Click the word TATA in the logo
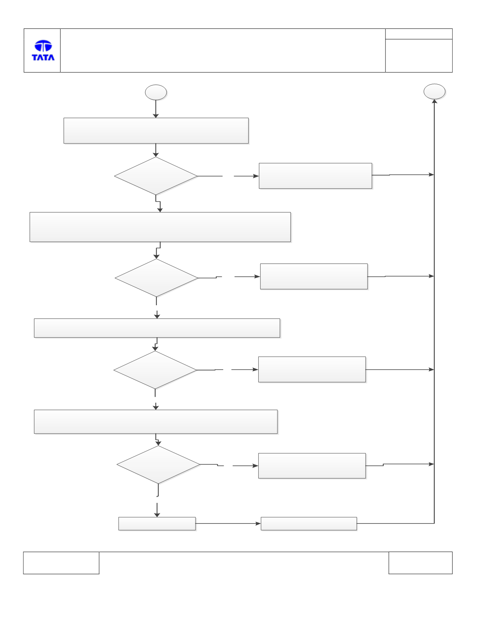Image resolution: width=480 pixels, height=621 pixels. tap(43, 57)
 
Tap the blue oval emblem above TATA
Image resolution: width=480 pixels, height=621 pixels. tap(43, 46)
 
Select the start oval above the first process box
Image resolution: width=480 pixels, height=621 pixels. tap(156, 92)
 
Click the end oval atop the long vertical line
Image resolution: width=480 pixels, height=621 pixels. tap(434, 92)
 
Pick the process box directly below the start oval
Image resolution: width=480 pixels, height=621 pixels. tap(156, 131)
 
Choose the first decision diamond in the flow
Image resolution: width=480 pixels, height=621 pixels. tap(156, 176)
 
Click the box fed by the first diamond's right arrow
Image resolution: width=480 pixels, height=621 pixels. tap(315, 176)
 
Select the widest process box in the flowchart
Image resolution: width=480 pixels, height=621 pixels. tap(160, 227)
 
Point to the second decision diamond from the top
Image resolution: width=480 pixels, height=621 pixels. tap(156, 278)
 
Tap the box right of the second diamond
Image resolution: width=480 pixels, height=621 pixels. tap(314, 276)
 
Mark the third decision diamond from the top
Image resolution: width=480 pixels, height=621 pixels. tap(155, 370)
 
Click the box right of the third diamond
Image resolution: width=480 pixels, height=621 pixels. tap(312, 369)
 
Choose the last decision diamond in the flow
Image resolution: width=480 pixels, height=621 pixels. tap(158, 465)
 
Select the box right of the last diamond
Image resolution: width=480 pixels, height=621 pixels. tap(312, 465)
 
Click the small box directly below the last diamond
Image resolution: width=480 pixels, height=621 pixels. tap(157, 524)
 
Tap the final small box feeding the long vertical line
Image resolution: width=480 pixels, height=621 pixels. tap(309, 524)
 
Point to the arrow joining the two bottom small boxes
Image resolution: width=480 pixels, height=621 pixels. tap(228, 524)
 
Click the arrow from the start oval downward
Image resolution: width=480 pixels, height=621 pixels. tap(156, 109)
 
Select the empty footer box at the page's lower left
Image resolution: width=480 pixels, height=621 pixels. tap(61, 563)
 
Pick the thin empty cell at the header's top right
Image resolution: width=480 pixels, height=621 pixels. tap(419, 34)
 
